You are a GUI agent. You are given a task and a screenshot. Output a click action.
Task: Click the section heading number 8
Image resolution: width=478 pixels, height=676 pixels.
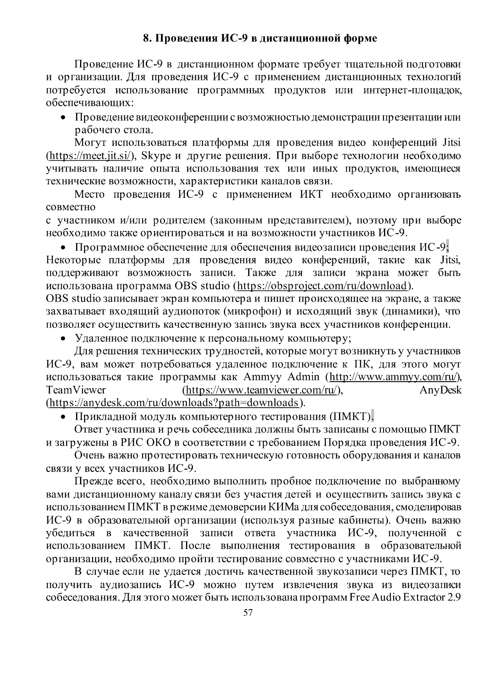click(x=147, y=39)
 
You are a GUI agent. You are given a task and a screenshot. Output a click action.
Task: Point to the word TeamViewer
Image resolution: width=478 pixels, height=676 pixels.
click(x=76, y=390)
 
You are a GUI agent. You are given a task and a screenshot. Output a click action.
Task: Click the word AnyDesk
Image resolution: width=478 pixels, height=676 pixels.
click(x=441, y=390)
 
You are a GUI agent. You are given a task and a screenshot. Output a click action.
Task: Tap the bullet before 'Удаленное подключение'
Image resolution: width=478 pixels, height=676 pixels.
click(x=63, y=339)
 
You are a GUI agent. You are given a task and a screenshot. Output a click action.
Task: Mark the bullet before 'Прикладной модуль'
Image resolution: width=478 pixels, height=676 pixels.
click(x=63, y=417)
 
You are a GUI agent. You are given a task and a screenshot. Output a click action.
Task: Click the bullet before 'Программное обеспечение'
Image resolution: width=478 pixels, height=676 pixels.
click(x=63, y=248)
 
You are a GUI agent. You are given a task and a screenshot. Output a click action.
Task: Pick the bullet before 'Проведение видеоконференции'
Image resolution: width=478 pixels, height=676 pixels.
click(x=63, y=118)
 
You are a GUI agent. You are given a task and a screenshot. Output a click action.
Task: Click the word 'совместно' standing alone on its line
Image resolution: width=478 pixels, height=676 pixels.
click(x=71, y=207)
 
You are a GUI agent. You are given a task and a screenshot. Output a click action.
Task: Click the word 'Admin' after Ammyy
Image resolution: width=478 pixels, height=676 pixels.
click(x=304, y=377)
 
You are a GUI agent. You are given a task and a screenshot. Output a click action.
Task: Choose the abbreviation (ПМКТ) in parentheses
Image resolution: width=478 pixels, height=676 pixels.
click(x=352, y=417)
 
